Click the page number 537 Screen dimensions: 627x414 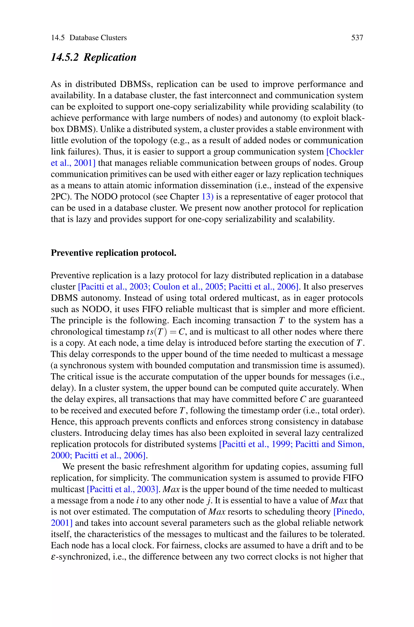[357, 38]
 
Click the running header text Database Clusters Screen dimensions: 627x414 [98, 38]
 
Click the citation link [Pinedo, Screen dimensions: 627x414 [349, 512]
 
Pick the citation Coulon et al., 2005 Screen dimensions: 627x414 [188, 287]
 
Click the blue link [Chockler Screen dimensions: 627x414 [345, 152]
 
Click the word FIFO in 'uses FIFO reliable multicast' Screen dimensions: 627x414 [152, 309]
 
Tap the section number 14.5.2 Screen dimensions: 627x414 [65, 57]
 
